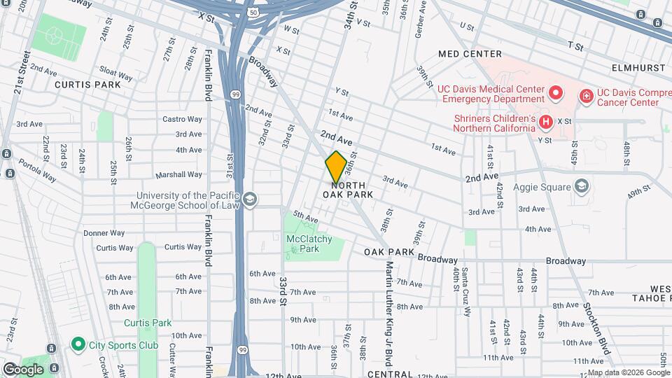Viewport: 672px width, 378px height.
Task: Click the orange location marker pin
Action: click(x=336, y=167)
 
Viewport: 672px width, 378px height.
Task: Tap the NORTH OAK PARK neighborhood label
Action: click(x=347, y=189)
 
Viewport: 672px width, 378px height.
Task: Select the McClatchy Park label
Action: click(x=304, y=244)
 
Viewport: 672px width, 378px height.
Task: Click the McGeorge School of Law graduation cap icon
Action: click(x=250, y=201)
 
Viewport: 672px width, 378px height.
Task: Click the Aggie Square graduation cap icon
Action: click(x=581, y=185)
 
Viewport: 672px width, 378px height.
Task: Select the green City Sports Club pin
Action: click(x=78, y=345)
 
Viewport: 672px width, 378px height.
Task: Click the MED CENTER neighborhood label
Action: click(x=470, y=54)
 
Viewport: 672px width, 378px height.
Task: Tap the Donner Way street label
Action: click(x=104, y=232)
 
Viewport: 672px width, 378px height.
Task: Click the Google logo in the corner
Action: click(x=22, y=369)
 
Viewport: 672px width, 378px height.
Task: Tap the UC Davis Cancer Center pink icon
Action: click(x=586, y=95)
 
